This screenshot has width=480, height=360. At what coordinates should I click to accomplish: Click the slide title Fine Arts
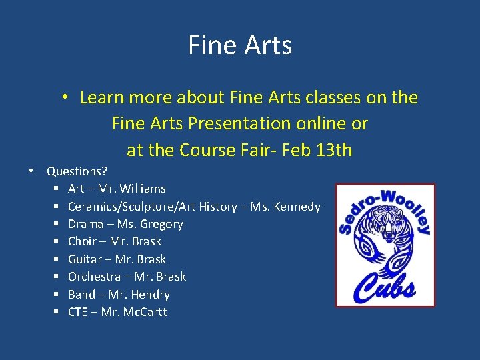[240, 46]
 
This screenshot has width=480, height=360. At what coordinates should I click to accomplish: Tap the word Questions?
[77, 171]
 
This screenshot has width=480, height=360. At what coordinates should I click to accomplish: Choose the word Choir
[81, 241]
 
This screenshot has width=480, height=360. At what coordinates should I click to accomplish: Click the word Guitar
[84, 259]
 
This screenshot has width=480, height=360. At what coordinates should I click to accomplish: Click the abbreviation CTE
[78, 312]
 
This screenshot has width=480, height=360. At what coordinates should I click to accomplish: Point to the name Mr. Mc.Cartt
[134, 312]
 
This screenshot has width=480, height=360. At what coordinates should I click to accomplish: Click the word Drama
[85, 224]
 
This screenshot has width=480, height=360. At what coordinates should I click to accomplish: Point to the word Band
[81, 295]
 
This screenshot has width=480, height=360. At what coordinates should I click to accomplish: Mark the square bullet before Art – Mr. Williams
[58, 189]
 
